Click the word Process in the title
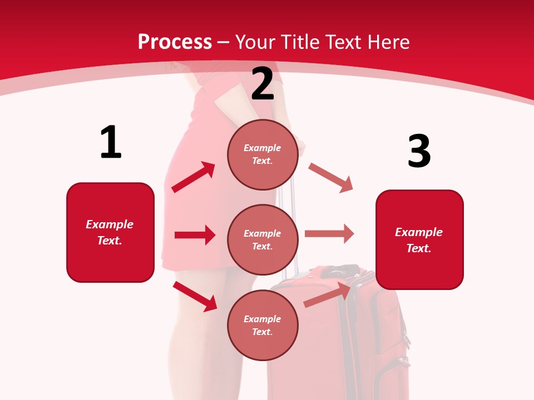click(x=175, y=42)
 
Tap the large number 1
click(x=111, y=142)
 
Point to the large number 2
click(x=263, y=84)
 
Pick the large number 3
click(x=419, y=151)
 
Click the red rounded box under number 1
click(x=110, y=232)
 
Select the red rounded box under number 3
click(x=419, y=240)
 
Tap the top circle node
click(x=263, y=154)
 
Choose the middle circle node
click(x=263, y=239)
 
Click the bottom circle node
click(x=263, y=325)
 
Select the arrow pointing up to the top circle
click(x=194, y=177)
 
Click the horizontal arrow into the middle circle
click(x=195, y=235)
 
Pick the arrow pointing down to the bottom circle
click(x=195, y=296)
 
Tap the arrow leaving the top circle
click(x=331, y=178)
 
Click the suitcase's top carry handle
click(x=339, y=271)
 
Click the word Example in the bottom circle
click(x=263, y=319)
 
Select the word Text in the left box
click(x=109, y=241)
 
